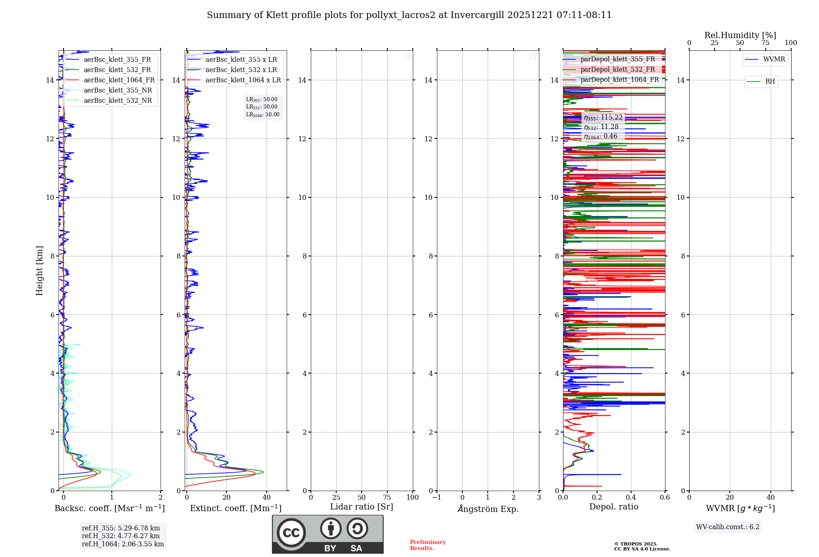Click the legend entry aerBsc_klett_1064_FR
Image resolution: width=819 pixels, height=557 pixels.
pos(119,80)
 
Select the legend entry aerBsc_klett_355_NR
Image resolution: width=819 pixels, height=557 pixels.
pos(118,91)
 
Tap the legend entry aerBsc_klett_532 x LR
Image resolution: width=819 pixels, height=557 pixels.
pos(241,70)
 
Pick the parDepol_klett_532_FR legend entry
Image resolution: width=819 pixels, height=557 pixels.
pos(617,70)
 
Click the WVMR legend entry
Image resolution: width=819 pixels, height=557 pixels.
pos(774,59)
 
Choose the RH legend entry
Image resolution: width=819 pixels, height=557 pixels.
pos(769,82)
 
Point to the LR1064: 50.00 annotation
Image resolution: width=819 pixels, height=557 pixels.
pos(262,115)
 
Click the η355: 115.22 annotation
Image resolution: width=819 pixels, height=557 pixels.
pos(603,118)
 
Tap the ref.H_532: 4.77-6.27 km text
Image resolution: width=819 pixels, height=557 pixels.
pos(121,536)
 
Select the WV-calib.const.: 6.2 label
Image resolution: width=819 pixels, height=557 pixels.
pos(728,527)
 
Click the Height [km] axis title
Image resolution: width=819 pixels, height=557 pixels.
pos(39,271)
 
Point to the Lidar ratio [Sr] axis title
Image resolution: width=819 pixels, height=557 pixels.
pos(361,507)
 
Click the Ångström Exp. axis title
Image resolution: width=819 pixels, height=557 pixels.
pos(488,509)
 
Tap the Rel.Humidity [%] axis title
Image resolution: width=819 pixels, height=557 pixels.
pos(740,35)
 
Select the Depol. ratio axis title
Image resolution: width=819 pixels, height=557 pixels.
pos(613,507)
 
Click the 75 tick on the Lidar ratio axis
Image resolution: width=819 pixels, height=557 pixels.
pos(387,498)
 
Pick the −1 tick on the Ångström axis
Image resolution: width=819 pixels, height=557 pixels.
pos(437,498)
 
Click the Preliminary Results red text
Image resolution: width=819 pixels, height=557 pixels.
pos(428,545)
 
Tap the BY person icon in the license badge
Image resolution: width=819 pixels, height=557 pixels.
pos(330,529)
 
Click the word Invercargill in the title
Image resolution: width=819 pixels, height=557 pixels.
pos(477,15)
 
